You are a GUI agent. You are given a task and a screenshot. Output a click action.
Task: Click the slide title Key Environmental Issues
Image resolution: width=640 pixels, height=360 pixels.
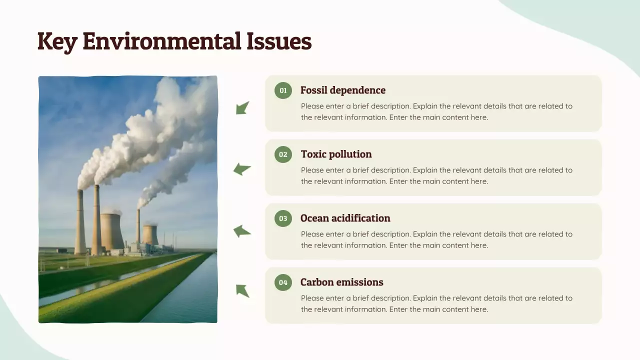tap(174, 41)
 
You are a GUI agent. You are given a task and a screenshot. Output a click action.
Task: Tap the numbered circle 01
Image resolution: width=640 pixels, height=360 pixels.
tap(283, 90)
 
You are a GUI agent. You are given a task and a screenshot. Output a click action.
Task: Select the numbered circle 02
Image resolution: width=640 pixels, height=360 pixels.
tap(283, 154)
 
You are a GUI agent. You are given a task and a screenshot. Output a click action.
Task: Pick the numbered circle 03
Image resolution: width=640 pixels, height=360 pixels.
tap(283, 218)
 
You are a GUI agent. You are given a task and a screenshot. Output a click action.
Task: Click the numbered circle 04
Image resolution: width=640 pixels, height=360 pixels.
tap(283, 282)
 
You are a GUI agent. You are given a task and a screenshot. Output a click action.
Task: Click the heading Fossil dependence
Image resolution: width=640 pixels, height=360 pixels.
tap(342, 90)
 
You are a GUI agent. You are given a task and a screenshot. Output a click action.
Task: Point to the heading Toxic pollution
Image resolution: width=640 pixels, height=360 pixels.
tap(336, 154)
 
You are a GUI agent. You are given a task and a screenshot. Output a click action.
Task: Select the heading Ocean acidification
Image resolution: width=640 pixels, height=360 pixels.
tap(345, 218)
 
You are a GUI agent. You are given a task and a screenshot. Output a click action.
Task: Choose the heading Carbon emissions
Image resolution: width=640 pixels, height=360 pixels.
tap(341, 282)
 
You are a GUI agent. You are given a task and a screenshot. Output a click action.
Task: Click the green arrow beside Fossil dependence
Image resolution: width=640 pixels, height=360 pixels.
tap(242, 107)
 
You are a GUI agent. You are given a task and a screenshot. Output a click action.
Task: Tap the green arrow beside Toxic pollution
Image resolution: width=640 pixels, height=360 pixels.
tap(242, 169)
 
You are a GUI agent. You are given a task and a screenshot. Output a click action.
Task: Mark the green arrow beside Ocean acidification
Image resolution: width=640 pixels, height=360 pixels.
tap(242, 231)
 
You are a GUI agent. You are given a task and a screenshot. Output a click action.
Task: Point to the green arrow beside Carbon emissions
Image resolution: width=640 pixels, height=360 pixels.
tap(242, 290)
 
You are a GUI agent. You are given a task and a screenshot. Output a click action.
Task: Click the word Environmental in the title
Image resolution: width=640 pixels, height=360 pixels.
tap(162, 41)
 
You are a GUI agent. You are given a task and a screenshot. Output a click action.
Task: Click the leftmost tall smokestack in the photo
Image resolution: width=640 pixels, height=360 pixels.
tap(80, 222)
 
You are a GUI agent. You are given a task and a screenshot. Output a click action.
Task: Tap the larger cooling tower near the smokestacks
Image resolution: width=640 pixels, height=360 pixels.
tap(112, 231)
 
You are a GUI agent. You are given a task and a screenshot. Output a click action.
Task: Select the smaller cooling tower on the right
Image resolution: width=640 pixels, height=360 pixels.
tap(150, 234)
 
